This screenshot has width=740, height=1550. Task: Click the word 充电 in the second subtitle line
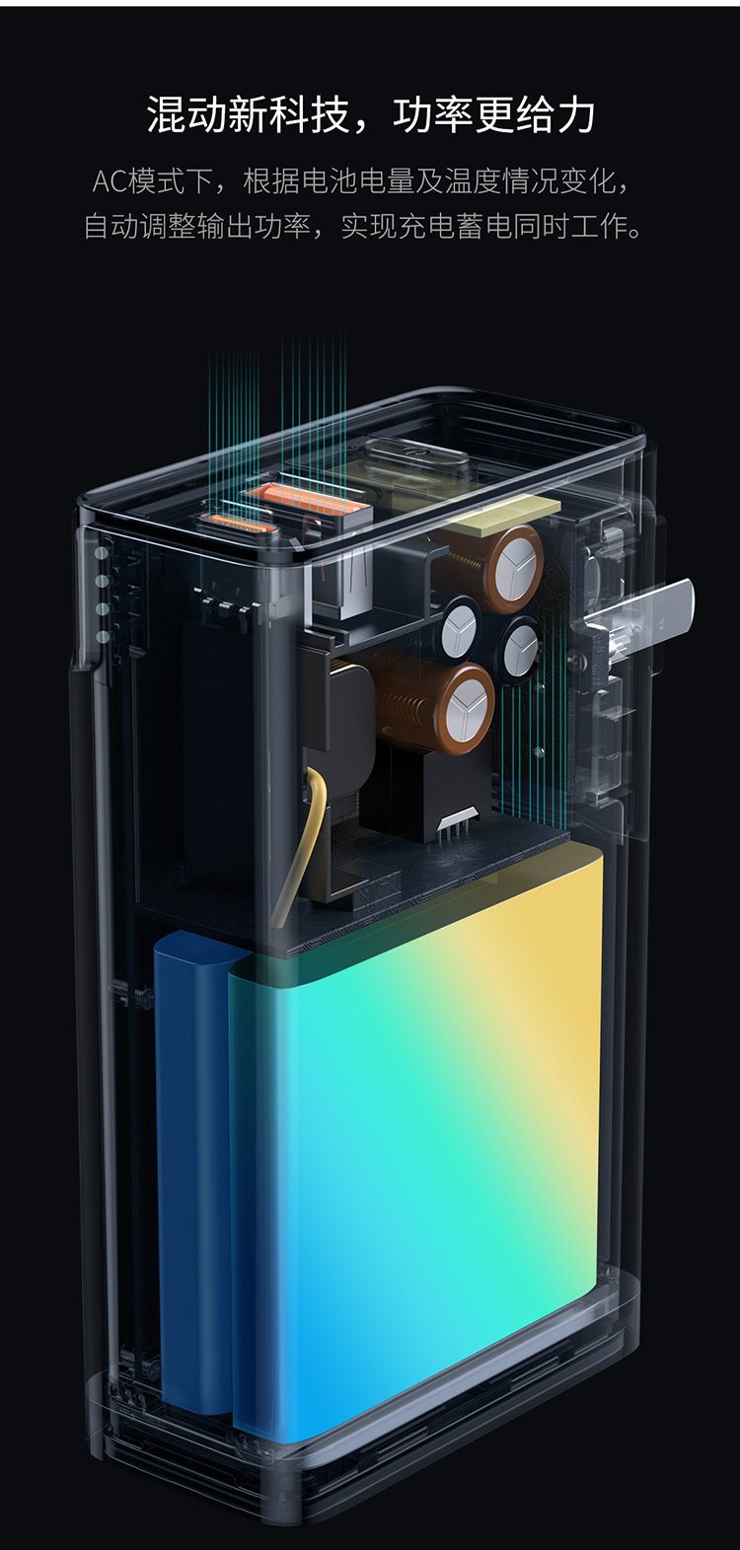[x=427, y=226]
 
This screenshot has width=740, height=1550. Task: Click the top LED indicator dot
[x=103, y=553]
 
